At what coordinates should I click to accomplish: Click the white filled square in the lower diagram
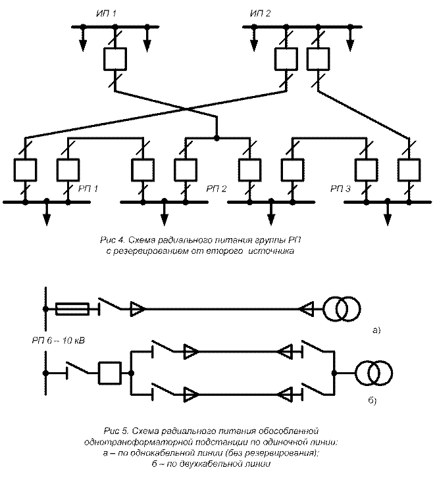pos(109,374)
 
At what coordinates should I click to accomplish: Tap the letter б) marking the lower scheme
pos(372,399)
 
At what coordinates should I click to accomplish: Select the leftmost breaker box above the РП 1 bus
pos(24,170)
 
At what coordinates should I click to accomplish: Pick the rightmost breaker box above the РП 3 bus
pos(409,170)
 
